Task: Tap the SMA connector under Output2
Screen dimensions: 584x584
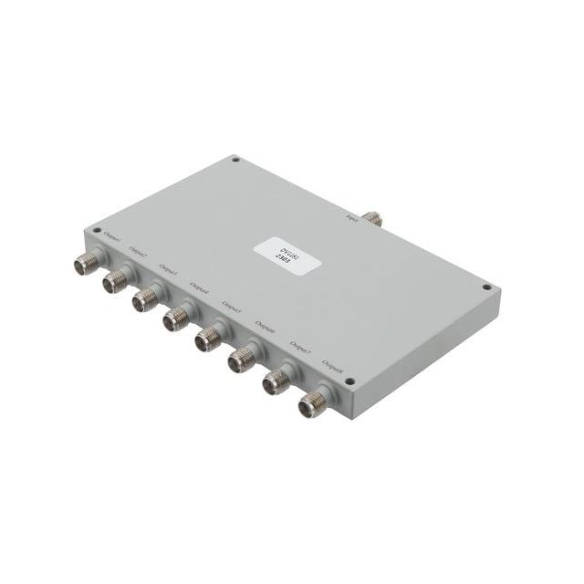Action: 116,282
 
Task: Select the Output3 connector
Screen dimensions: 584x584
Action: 146,300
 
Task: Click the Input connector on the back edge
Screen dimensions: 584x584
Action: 372,217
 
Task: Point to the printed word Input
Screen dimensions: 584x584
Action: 352,216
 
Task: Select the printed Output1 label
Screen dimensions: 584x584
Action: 113,235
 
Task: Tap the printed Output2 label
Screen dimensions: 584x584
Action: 138,251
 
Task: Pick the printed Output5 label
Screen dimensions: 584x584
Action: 232,308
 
